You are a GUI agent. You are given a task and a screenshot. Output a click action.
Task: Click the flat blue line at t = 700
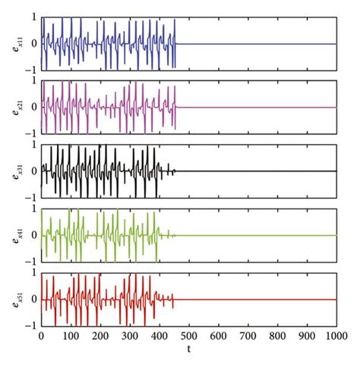[248, 43]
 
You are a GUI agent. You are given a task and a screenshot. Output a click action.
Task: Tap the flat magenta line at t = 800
[277, 107]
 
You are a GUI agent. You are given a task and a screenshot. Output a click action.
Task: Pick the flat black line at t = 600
[218, 171]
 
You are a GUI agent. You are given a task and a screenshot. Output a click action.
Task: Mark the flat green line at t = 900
[306, 234]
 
